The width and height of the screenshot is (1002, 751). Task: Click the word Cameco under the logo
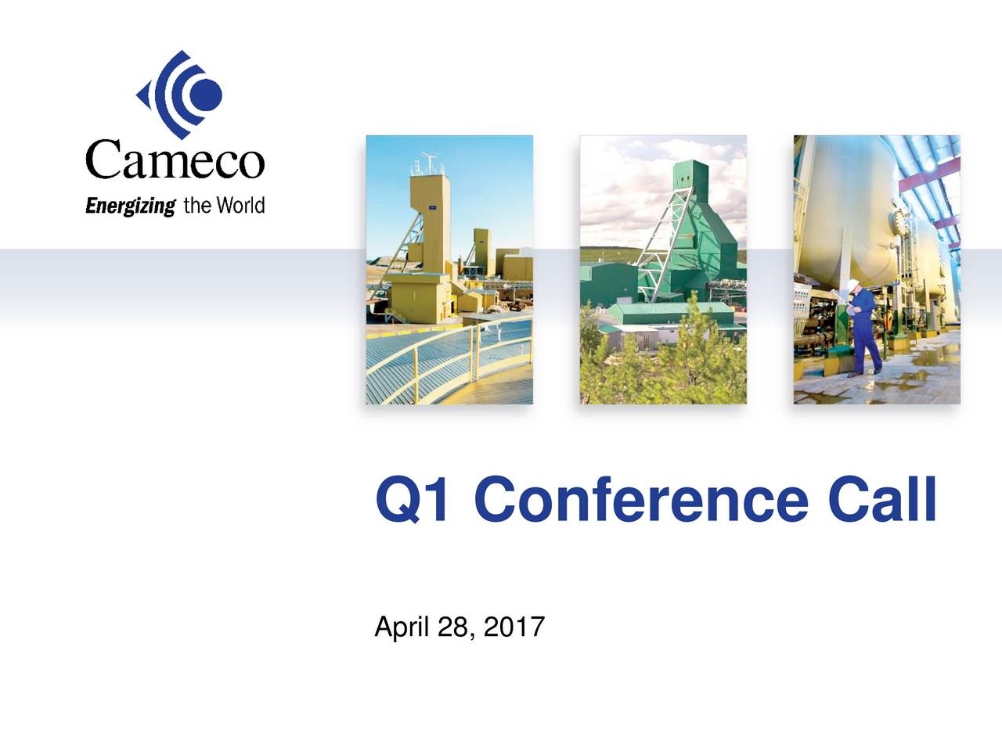(175, 161)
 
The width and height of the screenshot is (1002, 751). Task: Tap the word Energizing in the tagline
(130, 207)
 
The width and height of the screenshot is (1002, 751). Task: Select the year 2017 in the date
(514, 627)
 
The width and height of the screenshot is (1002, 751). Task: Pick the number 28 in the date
(455, 627)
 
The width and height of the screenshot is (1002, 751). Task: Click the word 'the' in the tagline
(196, 205)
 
